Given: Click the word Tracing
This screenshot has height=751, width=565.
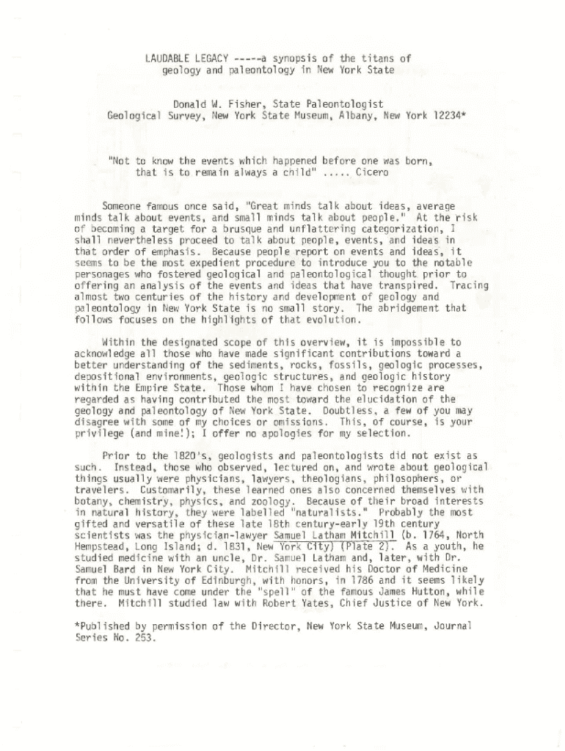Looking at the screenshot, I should [471, 285].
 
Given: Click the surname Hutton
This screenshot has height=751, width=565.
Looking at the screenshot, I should [434, 593].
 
